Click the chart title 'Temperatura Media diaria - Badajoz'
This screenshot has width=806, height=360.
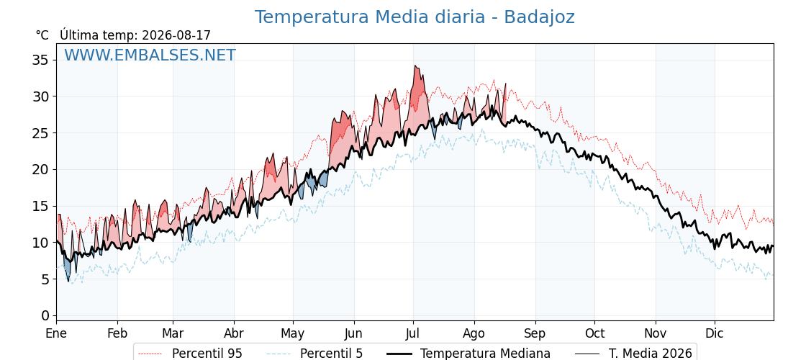click(415, 17)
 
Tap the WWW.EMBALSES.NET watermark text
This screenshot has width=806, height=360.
click(150, 55)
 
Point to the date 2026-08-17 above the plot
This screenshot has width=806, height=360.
click(176, 35)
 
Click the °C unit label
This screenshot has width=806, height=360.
click(42, 35)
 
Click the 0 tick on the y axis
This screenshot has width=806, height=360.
click(45, 315)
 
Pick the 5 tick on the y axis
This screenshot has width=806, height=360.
click(45, 279)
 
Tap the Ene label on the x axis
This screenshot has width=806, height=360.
click(57, 333)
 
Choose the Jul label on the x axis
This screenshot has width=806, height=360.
click(413, 333)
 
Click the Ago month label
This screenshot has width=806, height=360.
click(474, 334)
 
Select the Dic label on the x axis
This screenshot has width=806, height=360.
click(715, 333)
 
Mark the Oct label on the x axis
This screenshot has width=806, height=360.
click(594, 333)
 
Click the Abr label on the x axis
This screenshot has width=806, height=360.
click(234, 333)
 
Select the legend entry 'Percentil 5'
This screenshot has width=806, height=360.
click(315, 354)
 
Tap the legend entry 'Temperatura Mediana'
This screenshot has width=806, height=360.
click(468, 354)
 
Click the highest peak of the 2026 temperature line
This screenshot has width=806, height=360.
click(415, 66)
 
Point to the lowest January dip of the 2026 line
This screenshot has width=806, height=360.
click(68, 281)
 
